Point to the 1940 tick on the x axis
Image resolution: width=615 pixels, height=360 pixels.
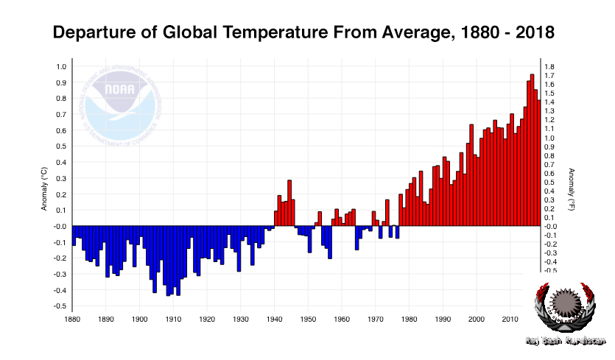point(274,319)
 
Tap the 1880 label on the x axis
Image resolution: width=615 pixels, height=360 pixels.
point(72,319)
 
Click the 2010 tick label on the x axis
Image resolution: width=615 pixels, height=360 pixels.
point(510,319)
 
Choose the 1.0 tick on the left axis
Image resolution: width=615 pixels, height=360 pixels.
point(61,66)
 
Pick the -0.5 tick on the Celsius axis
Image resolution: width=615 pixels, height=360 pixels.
point(60,306)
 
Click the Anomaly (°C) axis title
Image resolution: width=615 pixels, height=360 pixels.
point(44,188)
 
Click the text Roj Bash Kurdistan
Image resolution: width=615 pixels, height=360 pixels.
point(565,341)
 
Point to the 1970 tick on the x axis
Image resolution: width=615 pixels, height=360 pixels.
point(375,319)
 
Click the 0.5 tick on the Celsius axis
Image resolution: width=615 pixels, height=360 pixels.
point(61,147)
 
